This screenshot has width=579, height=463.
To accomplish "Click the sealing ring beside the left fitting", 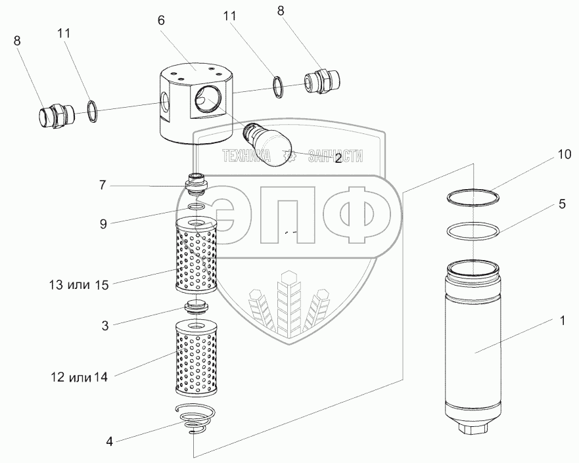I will [x=93, y=112].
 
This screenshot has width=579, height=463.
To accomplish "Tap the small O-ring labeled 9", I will [x=196, y=208].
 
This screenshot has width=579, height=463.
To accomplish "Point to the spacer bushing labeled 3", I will [x=195, y=308].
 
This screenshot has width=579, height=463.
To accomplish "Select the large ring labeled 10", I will [x=471, y=197].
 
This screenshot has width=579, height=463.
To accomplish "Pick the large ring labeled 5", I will [x=471, y=232].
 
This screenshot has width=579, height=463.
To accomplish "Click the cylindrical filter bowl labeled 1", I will [x=472, y=342].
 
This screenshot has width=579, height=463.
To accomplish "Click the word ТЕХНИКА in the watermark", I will [x=247, y=156].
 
